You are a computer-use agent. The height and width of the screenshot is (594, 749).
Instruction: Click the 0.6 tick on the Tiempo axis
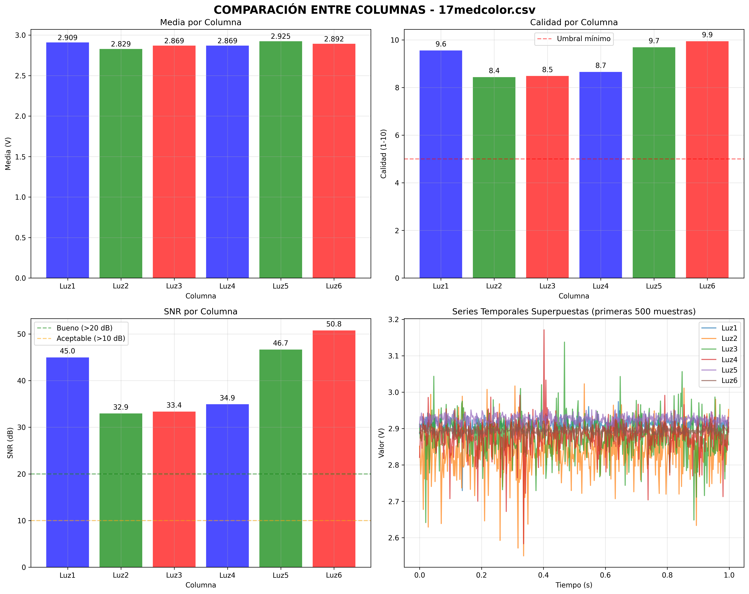[605, 575]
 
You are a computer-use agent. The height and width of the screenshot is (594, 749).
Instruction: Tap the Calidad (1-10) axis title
[384, 154]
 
